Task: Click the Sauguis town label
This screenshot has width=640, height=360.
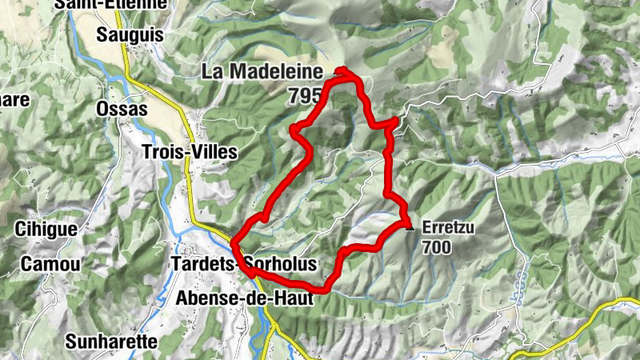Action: (x=130, y=34)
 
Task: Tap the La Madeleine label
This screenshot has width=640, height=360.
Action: (x=262, y=71)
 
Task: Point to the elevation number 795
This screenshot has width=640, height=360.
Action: (x=306, y=94)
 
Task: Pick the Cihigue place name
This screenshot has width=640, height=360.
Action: (x=46, y=230)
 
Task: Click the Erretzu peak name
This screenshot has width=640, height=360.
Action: (x=449, y=228)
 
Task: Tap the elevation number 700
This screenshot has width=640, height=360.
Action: (x=438, y=247)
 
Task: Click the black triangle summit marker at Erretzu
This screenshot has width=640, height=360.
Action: (x=410, y=227)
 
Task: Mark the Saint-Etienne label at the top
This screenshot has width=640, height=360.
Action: (x=113, y=4)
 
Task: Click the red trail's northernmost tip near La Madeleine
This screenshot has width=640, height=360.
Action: (x=343, y=69)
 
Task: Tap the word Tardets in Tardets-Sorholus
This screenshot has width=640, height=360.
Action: (x=200, y=264)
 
